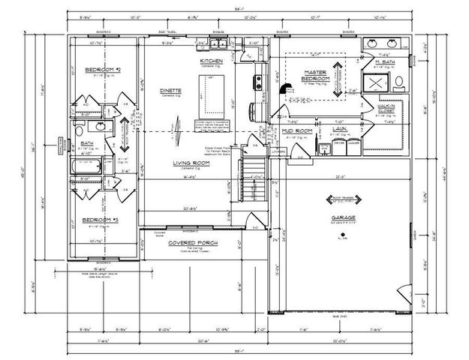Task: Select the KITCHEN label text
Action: pos(211,60)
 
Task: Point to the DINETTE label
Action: pos(170,91)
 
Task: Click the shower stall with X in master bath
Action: pos(374,82)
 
